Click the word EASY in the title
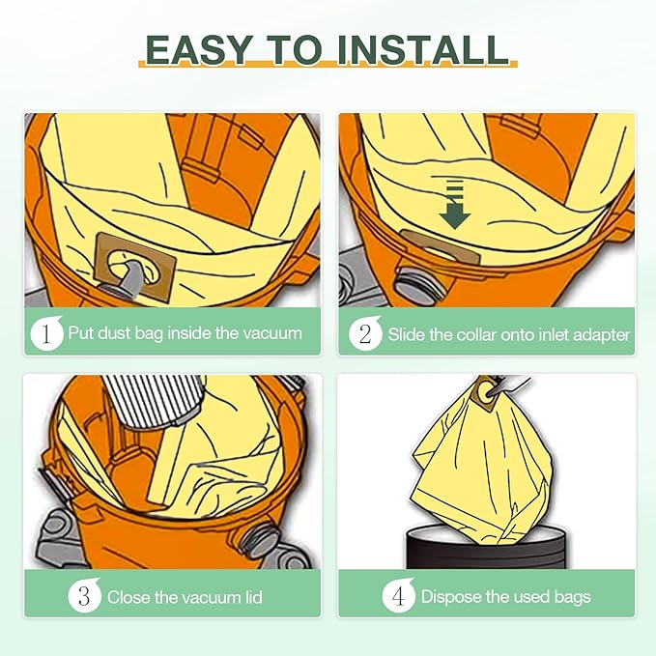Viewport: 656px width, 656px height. [x=199, y=50]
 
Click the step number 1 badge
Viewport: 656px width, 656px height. [x=46, y=333]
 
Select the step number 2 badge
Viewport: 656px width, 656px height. [x=365, y=334]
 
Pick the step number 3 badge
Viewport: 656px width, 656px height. [x=84, y=596]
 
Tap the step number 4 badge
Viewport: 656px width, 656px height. [x=398, y=596]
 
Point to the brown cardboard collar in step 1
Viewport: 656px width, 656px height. [x=134, y=267]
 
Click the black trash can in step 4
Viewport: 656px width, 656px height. [x=487, y=548]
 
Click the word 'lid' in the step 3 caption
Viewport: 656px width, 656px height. [x=253, y=597]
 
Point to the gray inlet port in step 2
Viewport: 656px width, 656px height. [x=417, y=288]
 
